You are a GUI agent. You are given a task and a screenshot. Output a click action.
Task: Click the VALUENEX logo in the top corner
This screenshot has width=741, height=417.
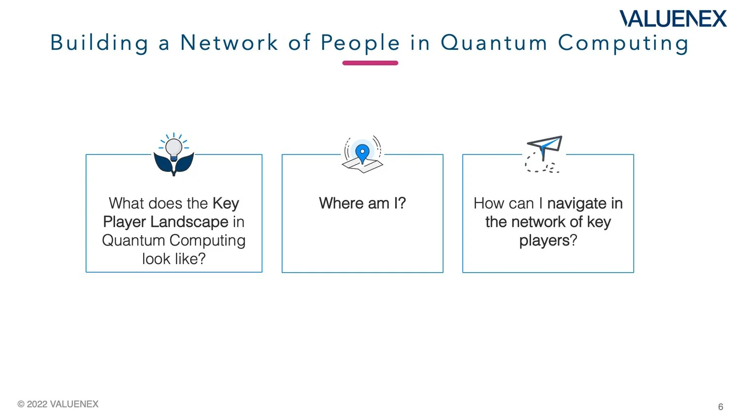pyautogui.click(x=673, y=19)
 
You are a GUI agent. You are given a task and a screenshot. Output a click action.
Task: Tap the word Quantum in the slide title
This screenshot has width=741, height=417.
pyautogui.click(x=494, y=43)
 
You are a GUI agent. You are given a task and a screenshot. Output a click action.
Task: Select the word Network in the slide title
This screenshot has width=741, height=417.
pyautogui.click(x=229, y=43)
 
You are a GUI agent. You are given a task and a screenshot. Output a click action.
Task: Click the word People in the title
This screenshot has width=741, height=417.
pyautogui.click(x=360, y=43)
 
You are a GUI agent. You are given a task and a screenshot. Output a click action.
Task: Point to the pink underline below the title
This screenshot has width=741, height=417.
pyautogui.click(x=370, y=63)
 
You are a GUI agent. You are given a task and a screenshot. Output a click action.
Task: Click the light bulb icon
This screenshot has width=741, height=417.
pyautogui.click(x=174, y=148)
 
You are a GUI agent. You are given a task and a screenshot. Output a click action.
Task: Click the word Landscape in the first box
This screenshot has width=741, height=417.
pyautogui.click(x=189, y=222)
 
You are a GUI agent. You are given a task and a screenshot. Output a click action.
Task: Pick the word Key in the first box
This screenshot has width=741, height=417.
pyautogui.click(x=226, y=204)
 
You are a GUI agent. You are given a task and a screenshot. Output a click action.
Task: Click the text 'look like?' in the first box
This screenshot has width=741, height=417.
pyautogui.click(x=174, y=259)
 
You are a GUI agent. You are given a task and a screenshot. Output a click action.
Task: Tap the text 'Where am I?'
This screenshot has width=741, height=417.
pyautogui.click(x=362, y=204)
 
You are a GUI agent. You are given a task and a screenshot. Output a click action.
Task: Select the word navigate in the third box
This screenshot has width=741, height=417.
pyautogui.click(x=576, y=204)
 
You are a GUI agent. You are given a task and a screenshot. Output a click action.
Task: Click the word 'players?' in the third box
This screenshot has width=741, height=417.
pyautogui.click(x=548, y=241)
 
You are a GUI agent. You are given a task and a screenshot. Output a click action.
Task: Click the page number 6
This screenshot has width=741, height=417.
pyautogui.click(x=720, y=407)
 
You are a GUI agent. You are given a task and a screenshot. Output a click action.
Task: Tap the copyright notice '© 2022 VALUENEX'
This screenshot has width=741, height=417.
pyautogui.click(x=58, y=404)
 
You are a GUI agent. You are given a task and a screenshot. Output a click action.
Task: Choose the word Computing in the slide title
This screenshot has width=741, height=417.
pyautogui.click(x=623, y=43)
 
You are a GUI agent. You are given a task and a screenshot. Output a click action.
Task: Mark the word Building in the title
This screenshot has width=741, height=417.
pyautogui.click(x=99, y=43)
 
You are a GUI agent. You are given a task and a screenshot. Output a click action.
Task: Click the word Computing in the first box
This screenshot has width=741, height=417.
pyautogui.click(x=207, y=241)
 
